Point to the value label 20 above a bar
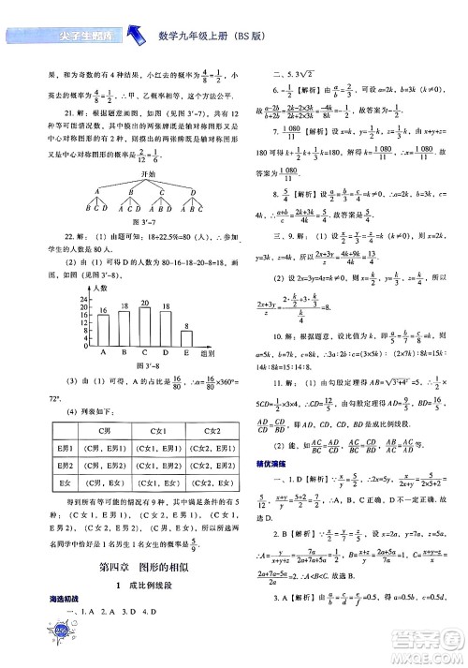(x=144, y=303)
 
